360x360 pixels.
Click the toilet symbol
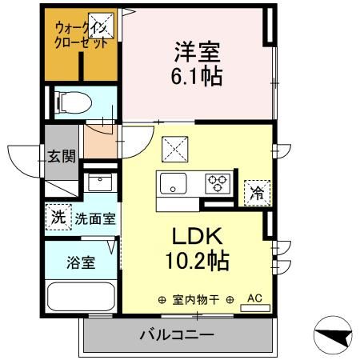[x=74, y=102]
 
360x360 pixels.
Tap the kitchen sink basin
[x=173, y=183]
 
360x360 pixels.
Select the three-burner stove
[x=218, y=183]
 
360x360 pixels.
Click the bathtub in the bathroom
[x=81, y=297]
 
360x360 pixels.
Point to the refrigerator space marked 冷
[x=258, y=194]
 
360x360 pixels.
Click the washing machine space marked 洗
[x=58, y=217]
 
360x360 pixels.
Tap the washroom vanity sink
[x=100, y=182]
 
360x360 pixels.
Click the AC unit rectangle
[x=255, y=308]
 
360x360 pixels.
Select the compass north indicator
[x=333, y=335]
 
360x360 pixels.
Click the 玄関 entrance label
[x=62, y=156]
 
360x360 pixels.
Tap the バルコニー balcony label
[x=177, y=335]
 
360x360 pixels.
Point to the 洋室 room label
[x=198, y=52]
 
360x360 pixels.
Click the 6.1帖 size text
[x=197, y=76]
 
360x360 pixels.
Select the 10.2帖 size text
[x=198, y=261]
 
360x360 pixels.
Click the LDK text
[x=198, y=236]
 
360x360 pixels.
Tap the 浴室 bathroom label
[x=81, y=262]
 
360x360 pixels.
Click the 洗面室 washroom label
[x=95, y=219]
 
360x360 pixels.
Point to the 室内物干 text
[x=196, y=300]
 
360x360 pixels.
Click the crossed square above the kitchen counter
[x=175, y=150]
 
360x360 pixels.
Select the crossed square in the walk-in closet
[x=102, y=26]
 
